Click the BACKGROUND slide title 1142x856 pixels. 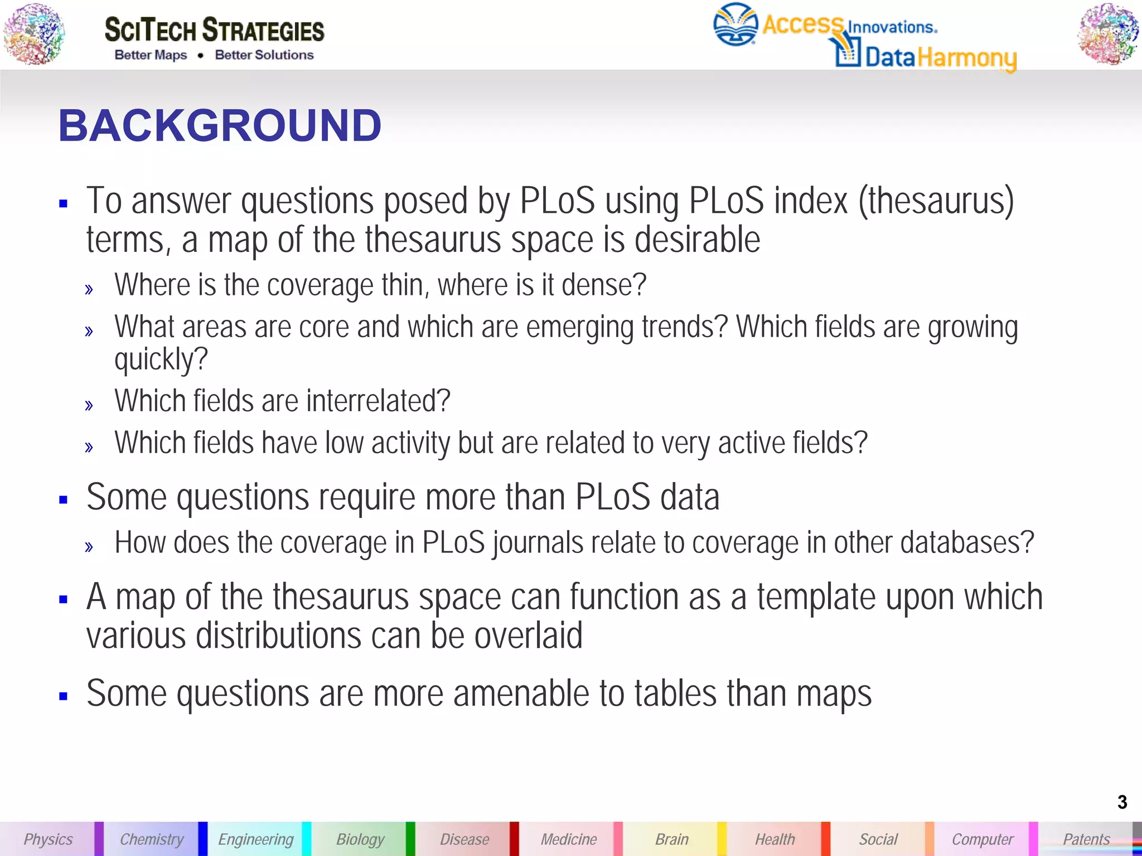pyautogui.click(x=220, y=125)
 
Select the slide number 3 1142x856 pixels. pyautogui.click(x=1122, y=802)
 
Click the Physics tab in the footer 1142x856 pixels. pyautogui.click(x=48, y=839)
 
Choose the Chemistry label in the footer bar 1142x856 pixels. pyautogui.click(x=152, y=839)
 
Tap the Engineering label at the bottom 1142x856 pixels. pyautogui.click(x=255, y=839)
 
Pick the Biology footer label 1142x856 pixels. pyautogui.click(x=360, y=839)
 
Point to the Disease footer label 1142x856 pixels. pyautogui.click(x=464, y=839)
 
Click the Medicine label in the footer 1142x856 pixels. pyautogui.click(x=568, y=839)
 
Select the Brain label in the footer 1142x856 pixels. pyautogui.click(x=672, y=839)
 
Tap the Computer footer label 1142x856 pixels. pyautogui.click(x=983, y=839)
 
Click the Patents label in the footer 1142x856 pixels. pyautogui.click(x=1086, y=839)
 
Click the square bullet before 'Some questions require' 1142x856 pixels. pyautogui.click(x=63, y=499)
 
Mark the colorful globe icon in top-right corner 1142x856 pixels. pyautogui.click(x=1108, y=33)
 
